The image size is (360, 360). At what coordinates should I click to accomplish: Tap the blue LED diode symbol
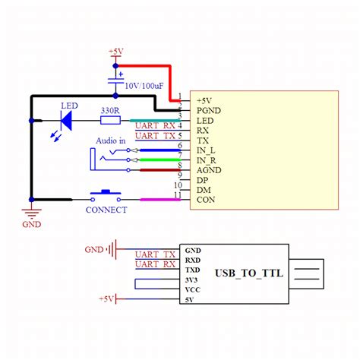[66, 120]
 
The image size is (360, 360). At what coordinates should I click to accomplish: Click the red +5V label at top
[115, 52]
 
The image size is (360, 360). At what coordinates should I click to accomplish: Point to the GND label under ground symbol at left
[32, 224]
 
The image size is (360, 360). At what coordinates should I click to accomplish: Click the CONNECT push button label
[106, 210]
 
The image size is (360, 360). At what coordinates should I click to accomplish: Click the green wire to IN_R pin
[160, 160]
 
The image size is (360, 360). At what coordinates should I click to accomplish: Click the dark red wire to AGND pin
[160, 170]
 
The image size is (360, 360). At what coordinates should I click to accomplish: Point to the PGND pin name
[209, 111]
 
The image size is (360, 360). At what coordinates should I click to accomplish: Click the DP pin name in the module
[203, 180]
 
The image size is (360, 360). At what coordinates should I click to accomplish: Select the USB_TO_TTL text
[248, 273]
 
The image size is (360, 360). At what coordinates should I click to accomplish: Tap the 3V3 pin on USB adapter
[193, 280]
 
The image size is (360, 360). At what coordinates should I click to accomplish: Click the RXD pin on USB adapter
[194, 260]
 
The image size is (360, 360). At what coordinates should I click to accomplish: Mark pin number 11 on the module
[178, 195]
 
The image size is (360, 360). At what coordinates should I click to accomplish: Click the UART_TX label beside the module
[155, 136]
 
